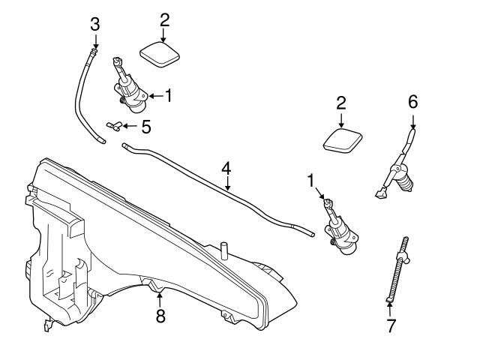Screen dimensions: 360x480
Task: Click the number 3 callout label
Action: coord(94,24)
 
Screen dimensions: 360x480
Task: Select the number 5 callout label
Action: coord(145,126)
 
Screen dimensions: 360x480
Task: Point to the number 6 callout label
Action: coord(412,100)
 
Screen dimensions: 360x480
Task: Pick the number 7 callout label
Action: coord(389,326)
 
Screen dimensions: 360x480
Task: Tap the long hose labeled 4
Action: coord(225,190)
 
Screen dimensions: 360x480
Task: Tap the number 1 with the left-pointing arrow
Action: coord(169,95)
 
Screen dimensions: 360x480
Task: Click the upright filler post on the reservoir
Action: coord(223,250)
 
